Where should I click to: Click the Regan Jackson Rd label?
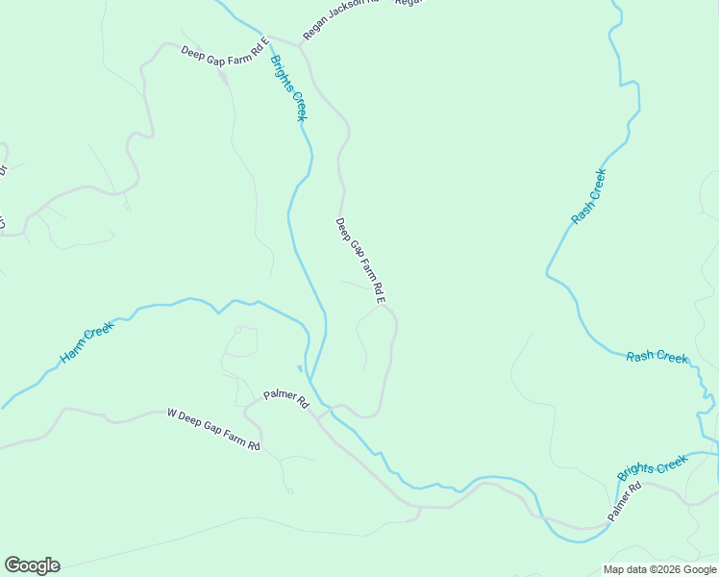(340, 18)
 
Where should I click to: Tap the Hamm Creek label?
(87, 342)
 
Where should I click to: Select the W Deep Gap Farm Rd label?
(213, 430)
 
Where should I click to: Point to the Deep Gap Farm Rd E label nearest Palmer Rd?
(360, 262)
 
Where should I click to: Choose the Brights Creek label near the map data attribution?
(653, 467)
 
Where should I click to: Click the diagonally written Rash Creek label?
(588, 197)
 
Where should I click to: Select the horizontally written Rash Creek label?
(657, 357)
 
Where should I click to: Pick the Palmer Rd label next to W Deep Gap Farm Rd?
(285, 398)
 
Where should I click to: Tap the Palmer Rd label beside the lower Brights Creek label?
(625, 503)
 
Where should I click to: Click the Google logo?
(32, 564)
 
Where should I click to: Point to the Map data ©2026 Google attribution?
(659, 569)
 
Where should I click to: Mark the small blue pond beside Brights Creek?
(300, 368)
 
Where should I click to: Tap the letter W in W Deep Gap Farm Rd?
(171, 414)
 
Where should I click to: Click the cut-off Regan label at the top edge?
(409, 3)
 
